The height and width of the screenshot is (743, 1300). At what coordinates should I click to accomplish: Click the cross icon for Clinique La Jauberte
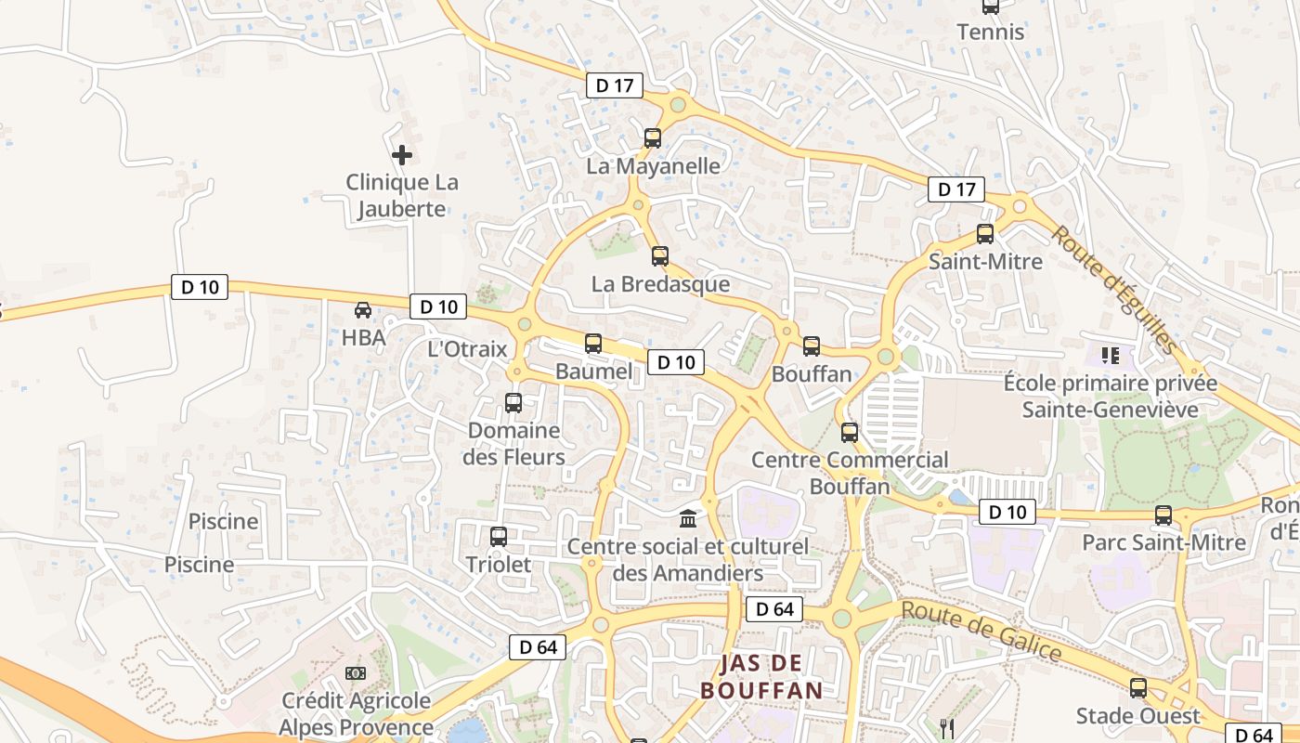(x=401, y=155)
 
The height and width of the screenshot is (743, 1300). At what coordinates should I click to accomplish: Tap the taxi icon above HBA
(x=363, y=310)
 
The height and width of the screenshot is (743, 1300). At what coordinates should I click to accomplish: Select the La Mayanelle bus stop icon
(x=653, y=138)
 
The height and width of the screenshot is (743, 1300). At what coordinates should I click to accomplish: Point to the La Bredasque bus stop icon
(x=660, y=256)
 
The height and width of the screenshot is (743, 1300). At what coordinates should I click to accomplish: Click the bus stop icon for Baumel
(x=593, y=344)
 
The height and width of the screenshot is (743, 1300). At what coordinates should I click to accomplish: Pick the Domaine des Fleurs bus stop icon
(x=513, y=403)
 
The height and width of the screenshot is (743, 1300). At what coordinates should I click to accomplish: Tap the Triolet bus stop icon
(x=499, y=537)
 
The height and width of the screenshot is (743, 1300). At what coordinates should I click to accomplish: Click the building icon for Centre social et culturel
(x=688, y=518)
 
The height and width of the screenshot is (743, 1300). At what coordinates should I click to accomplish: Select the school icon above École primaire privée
(x=1110, y=355)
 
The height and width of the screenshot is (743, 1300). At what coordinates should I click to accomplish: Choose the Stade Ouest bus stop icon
(x=1137, y=688)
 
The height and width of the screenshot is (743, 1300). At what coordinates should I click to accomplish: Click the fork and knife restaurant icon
(x=947, y=728)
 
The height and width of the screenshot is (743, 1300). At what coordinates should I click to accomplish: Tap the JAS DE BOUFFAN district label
(x=761, y=676)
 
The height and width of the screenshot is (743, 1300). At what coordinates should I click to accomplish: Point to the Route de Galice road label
(x=981, y=632)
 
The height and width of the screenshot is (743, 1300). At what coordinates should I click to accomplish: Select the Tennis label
(x=991, y=33)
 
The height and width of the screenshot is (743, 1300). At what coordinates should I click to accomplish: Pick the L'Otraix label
(x=467, y=349)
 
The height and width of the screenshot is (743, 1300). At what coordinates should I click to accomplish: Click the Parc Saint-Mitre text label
(x=1164, y=542)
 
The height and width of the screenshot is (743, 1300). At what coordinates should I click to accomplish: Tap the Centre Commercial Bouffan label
(x=850, y=473)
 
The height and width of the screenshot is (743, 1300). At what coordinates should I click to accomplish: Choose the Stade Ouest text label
(x=1137, y=716)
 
